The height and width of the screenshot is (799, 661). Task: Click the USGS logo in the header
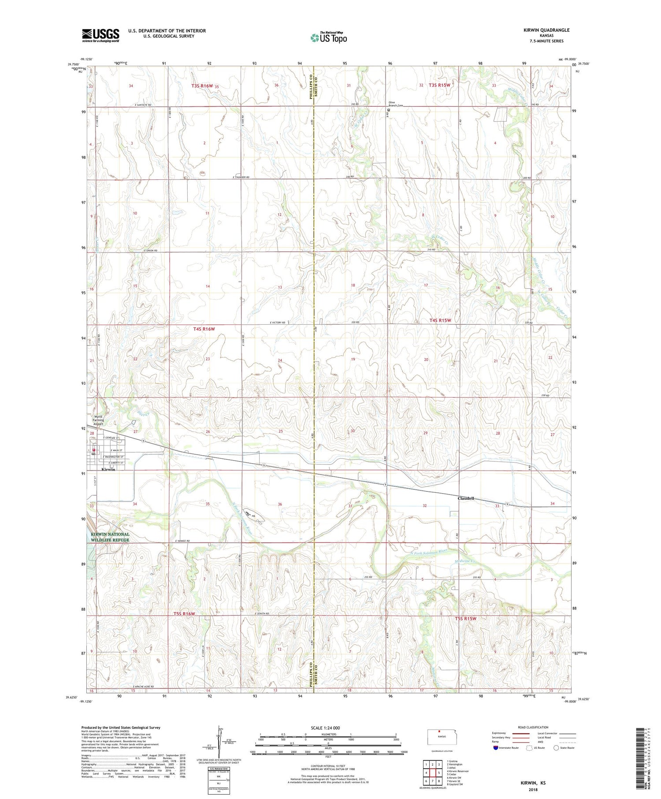pyautogui.click(x=100, y=35)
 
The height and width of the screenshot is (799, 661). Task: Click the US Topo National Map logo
pyautogui.click(x=329, y=37)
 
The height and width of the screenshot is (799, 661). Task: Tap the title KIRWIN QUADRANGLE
pyautogui.click(x=546, y=30)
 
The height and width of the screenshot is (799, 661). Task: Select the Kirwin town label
pyautogui.click(x=108, y=469)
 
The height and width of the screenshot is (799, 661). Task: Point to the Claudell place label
pyautogui.click(x=466, y=498)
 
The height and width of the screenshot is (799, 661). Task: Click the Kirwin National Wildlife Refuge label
pyautogui.click(x=110, y=537)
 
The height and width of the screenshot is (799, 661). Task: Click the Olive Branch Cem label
pyautogui.click(x=395, y=104)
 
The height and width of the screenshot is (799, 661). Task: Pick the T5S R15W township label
pyautogui.click(x=466, y=618)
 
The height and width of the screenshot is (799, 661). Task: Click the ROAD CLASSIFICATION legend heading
pyautogui.click(x=533, y=727)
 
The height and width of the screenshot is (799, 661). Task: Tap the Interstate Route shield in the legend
pyautogui.click(x=496, y=748)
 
